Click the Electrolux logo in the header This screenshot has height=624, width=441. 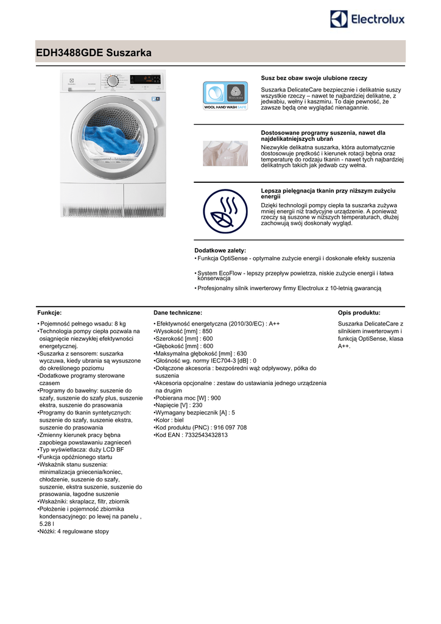click(367, 19)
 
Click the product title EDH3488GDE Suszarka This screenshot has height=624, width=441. click(93, 54)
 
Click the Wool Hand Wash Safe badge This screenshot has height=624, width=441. click(225, 95)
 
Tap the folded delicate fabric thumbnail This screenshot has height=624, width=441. click(225, 154)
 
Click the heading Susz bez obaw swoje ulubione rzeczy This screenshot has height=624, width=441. click(314, 79)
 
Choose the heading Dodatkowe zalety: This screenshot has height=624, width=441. click(220, 250)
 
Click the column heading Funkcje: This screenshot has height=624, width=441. click(49, 313)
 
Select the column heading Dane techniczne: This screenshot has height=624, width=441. click(177, 313)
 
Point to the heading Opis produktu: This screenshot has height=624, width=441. click(359, 313)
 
